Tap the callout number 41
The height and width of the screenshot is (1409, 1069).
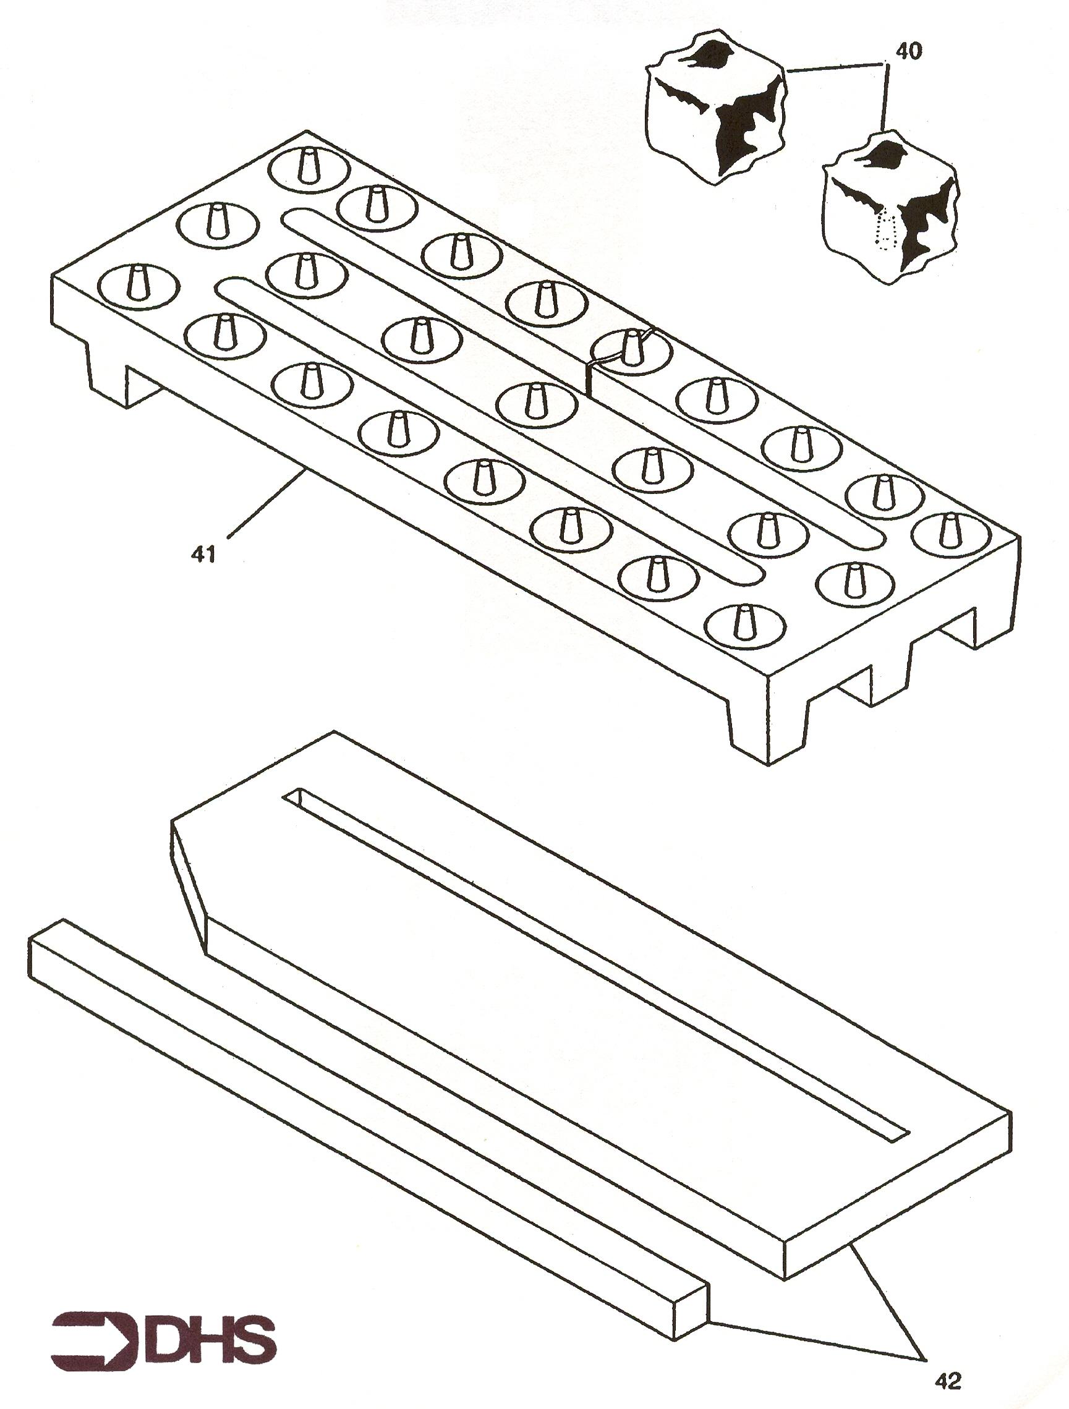[x=204, y=555]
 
